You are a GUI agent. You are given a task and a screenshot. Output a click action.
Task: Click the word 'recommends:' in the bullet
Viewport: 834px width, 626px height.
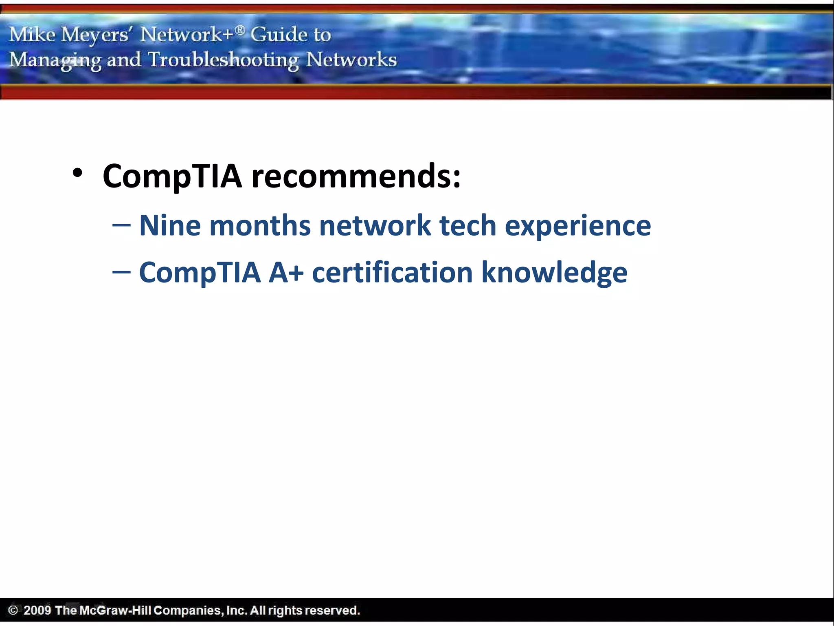[x=356, y=176]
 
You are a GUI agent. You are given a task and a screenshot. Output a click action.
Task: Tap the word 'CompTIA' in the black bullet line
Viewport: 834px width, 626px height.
[x=172, y=176]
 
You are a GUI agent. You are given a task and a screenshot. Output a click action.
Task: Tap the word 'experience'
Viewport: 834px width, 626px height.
[x=578, y=227]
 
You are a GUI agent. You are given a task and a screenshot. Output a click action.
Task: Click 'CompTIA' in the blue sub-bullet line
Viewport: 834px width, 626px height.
[x=200, y=273]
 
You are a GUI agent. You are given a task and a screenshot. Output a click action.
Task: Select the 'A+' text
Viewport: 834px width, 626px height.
[x=286, y=273]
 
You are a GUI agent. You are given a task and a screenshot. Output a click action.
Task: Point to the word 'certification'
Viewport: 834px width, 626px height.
[x=392, y=273]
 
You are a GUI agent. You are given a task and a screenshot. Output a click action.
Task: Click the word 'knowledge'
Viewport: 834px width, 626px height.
[x=554, y=273]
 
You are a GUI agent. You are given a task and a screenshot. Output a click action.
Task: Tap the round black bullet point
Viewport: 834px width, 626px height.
[x=77, y=173]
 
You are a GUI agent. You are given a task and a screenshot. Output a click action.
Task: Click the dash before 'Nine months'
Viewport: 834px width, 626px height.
[x=121, y=225]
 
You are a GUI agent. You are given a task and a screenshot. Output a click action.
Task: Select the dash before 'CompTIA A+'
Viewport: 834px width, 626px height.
[x=121, y=272]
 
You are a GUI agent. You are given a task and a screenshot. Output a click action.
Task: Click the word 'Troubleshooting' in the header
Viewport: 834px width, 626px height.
[x=223, y=60]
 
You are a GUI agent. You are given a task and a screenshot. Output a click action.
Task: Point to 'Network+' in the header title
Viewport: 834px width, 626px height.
[x=187, y=35]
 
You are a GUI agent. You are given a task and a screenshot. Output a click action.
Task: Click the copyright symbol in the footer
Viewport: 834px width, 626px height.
[x=13, y=610]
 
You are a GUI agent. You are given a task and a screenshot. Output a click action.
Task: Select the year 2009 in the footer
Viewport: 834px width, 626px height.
[x=37, y=610]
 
